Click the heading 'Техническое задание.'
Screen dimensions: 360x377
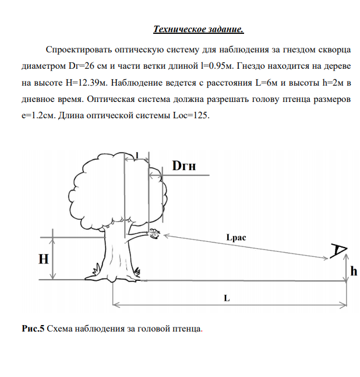(198, 29)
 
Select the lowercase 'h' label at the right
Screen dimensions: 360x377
(354, 271)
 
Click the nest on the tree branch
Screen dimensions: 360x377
(154, 234)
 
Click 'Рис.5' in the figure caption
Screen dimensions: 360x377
(33, 329)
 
